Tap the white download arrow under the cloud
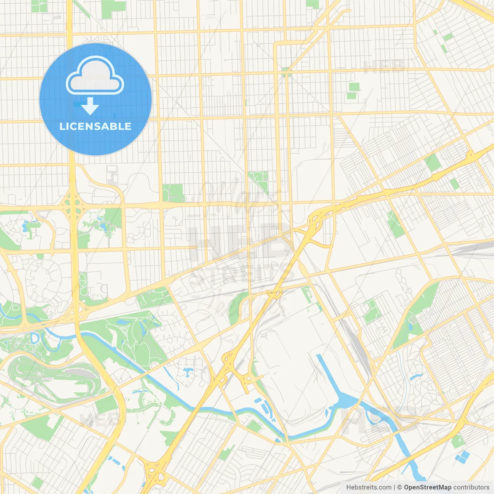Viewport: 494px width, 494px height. (x=90, y=106)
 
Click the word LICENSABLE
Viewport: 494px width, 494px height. (x=95, y=126)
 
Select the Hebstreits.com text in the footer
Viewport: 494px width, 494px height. (x=369, y=487)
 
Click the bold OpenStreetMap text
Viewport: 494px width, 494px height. (x=427, y=487)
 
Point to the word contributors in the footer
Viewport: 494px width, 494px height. (x=471, y=487)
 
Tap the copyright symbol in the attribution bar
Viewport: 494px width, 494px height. (x=400, y=487)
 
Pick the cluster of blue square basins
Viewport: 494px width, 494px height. (x=462, y=457)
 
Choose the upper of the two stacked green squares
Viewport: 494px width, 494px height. (x=354, y=87)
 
